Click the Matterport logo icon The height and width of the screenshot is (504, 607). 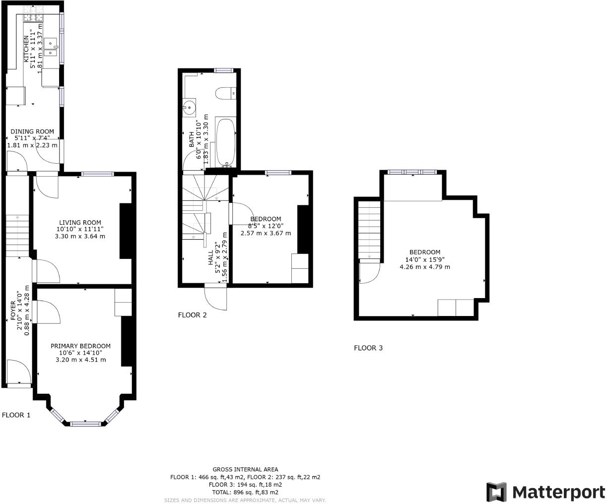(496, 492)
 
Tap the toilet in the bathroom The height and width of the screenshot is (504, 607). (226, 93)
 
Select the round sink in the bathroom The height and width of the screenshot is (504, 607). (189, 108)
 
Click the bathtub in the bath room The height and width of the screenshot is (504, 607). (226, 142)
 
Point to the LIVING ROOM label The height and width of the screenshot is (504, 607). (80, 223)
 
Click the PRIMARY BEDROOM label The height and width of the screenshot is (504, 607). (80, 346)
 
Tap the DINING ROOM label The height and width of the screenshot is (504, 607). (32, 131)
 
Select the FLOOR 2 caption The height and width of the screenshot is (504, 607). (192, 315)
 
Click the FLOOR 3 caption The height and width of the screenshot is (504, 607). (368, 348)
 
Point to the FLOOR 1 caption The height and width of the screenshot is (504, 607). (16, 415)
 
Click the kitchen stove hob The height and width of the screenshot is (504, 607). (33, 14)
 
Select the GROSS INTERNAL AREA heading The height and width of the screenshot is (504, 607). (245, 469)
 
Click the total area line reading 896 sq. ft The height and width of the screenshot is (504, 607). (245, 492)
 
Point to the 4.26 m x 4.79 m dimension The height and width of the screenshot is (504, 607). (425, 266)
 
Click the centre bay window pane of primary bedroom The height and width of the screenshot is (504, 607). (86, 424)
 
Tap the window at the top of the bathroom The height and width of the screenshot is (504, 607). (223, 70)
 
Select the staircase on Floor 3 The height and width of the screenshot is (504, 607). (369, 230)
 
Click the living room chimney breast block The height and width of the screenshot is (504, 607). (126, 231)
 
